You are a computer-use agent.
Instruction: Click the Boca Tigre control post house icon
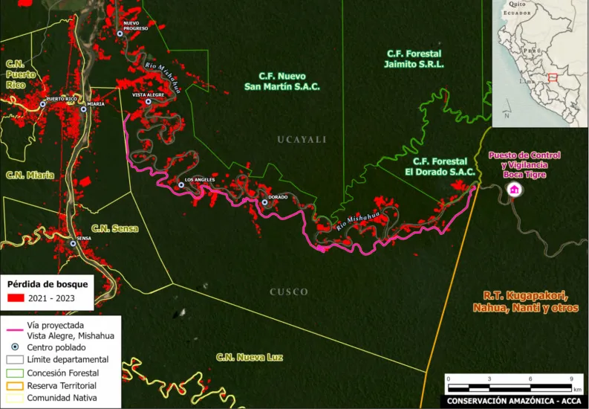pyautogui.click(x=512, y=190)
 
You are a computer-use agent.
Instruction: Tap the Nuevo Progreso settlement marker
pyautogui.click(x=120, y=33)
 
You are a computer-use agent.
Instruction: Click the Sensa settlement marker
pyautogui.click(x=73, y=243)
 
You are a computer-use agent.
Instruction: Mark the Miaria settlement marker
pyautogui.click(x=83, y=109)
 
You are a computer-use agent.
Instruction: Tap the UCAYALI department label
pyautogui.click(x=302, y=140)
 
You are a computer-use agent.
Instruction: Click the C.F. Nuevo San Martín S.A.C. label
pyautogui.click(x=289, y=81)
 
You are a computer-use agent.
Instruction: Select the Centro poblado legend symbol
pyautogui.click(x=13, y=347)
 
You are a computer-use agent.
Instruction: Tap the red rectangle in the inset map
pyautogui.click(x=553, y=77)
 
